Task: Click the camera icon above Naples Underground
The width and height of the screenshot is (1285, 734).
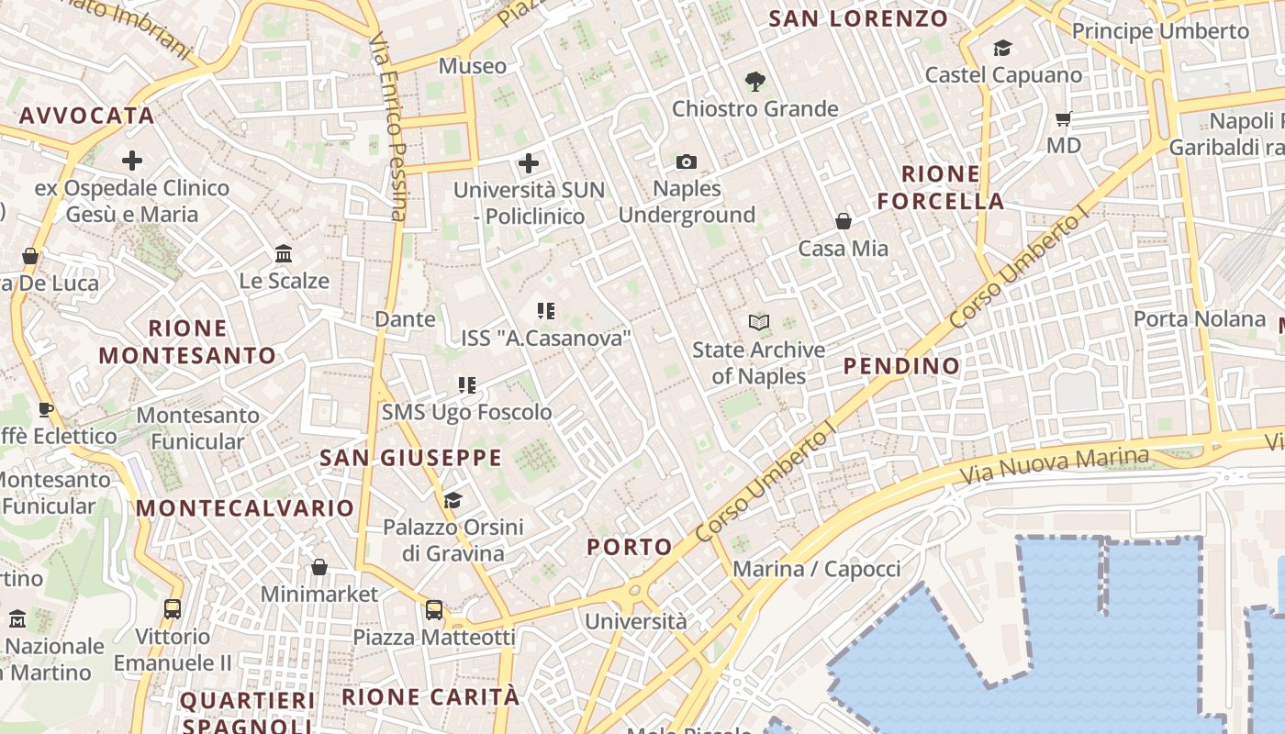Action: [686, 162]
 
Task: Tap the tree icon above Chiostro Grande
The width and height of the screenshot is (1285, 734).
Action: [754, 82]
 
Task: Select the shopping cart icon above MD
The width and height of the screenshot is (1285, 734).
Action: [1064, 118]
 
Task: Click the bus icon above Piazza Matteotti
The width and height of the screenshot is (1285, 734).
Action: [434, 609]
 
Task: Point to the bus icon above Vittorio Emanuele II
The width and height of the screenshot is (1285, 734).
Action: [172, 608]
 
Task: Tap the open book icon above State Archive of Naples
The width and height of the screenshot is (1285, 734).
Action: [758, 322]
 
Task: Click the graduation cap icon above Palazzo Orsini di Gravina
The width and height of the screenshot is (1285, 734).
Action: [453, 500]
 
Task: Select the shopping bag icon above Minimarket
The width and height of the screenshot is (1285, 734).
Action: [318, 567]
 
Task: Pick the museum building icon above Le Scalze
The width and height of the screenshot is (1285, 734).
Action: [284, 253]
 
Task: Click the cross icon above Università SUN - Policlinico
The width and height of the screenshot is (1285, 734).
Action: [529, 163]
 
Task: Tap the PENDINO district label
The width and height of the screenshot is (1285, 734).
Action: [901, 366]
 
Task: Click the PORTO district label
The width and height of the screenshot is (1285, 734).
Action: [630, 548]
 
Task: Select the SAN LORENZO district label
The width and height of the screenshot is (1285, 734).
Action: [858, 18]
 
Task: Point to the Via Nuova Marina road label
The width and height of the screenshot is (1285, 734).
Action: [1054, 467]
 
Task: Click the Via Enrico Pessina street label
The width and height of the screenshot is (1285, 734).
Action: [388, 128]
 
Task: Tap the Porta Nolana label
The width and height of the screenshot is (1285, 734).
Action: [1199, 319]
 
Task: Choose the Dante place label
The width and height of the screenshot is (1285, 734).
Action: [405, 319]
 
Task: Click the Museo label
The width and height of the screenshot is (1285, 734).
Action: [472, 66]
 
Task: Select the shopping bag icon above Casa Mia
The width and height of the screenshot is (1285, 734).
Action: [843, 221]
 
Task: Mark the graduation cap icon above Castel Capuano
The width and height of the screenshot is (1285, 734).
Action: [1002, 48]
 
